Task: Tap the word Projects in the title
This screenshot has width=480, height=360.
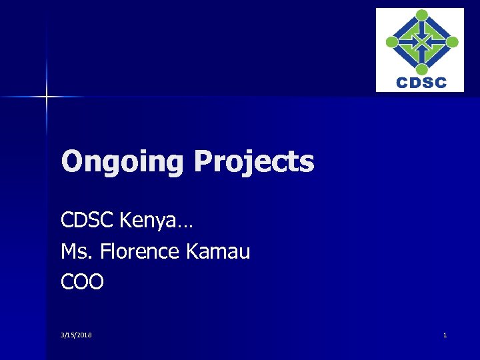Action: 253,162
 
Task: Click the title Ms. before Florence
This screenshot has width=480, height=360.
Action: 74,252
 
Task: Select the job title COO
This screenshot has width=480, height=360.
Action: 82,283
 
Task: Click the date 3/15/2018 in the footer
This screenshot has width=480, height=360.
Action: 76,335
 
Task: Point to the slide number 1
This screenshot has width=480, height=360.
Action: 445,335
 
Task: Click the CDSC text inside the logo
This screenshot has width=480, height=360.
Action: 421,83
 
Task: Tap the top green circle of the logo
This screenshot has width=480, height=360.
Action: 421,15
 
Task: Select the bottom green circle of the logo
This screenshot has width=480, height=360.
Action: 421,68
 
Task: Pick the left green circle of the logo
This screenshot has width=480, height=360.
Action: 393,42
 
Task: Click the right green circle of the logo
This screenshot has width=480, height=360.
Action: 451,42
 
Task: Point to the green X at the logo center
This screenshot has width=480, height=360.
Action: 421,42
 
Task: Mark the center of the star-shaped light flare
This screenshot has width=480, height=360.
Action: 47,97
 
